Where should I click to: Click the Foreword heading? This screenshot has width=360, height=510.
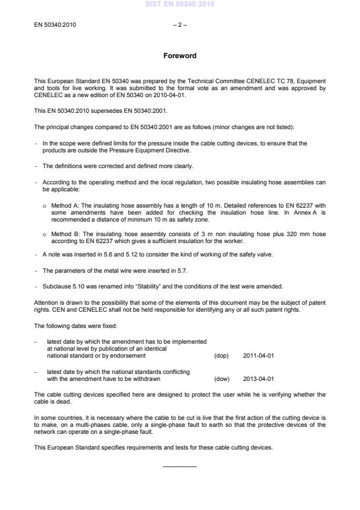click(180, 56)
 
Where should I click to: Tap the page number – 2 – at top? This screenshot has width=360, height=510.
click(180, 25)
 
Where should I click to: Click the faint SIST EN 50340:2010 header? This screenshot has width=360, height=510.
click(180, 4)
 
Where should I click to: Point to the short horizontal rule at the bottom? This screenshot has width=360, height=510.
click(180, 466)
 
